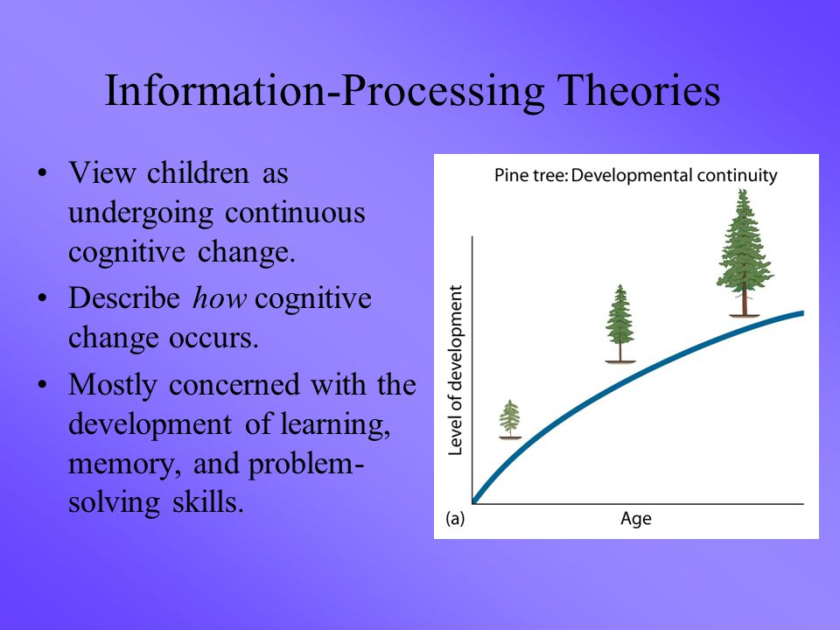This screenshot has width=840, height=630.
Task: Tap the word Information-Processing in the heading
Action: point(325,92)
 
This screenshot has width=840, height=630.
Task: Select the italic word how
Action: point(220,297)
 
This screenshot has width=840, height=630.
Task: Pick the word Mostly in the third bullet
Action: point(113,386)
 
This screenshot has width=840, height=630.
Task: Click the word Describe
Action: point(124,297)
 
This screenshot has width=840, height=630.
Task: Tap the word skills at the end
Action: point(208,502)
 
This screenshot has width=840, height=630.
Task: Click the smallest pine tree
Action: point(510,419)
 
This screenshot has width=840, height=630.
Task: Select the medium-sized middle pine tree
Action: point(620,324)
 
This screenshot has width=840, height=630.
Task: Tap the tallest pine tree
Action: point(745,253)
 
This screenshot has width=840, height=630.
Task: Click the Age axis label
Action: point(636,519)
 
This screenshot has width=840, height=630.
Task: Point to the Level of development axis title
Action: point(455,370)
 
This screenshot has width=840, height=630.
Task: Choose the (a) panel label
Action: point(455,519)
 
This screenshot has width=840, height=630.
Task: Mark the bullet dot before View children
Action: point(42,173)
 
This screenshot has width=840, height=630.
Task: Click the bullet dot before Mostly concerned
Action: point(42,385)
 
